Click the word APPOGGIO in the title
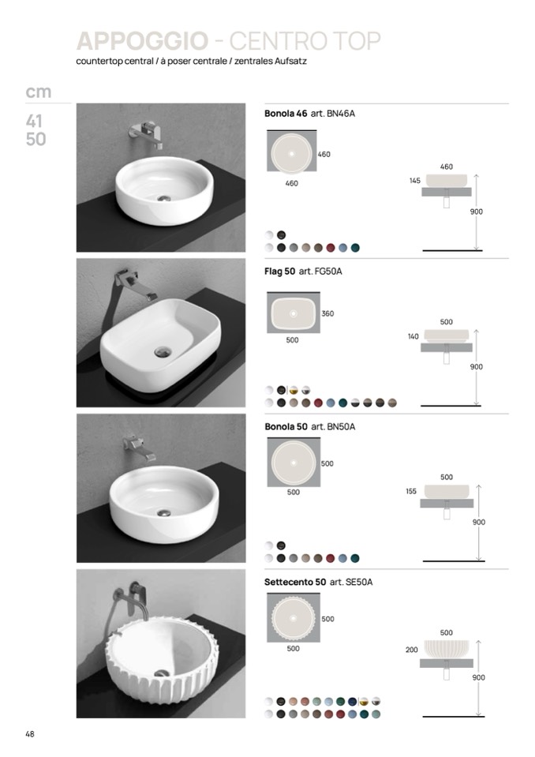(x=142, y=41)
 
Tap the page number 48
(x=30, y=734)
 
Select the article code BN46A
(x=341, y=114)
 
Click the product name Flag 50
(x=280, y=272)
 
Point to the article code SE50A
(x=359, y=583)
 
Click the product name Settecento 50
(x=295, y=583)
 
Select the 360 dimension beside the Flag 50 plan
(x=327, y=314)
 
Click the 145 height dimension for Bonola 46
(x=415, y=181)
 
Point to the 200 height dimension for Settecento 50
(x=411, y=650)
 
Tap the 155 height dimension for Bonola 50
(x=411, y=492)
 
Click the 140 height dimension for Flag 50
(x=413, y=336)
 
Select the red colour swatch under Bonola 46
(x=331, y=248)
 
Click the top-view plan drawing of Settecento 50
(x=294, y=618)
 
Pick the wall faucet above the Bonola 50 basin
(x=140, y=448)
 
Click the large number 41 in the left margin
(x=34, y=121)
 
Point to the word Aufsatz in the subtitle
(x=291, y=62)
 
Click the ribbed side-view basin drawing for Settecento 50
(x=447, y=648)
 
